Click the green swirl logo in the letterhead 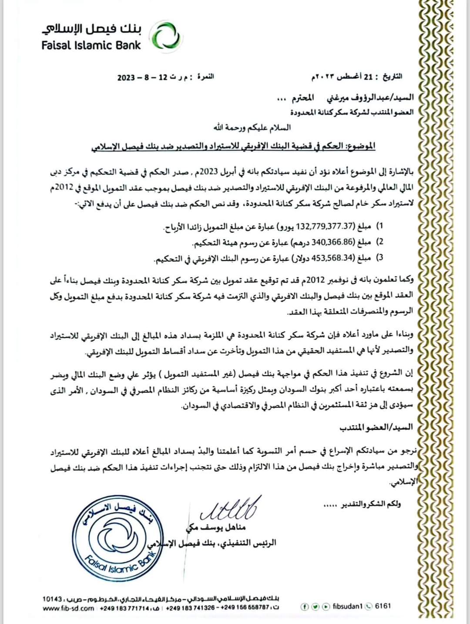coord(167,36)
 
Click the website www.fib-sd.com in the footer coord(68,608)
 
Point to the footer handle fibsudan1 coord(347,606)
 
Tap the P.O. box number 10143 coord(52,599)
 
